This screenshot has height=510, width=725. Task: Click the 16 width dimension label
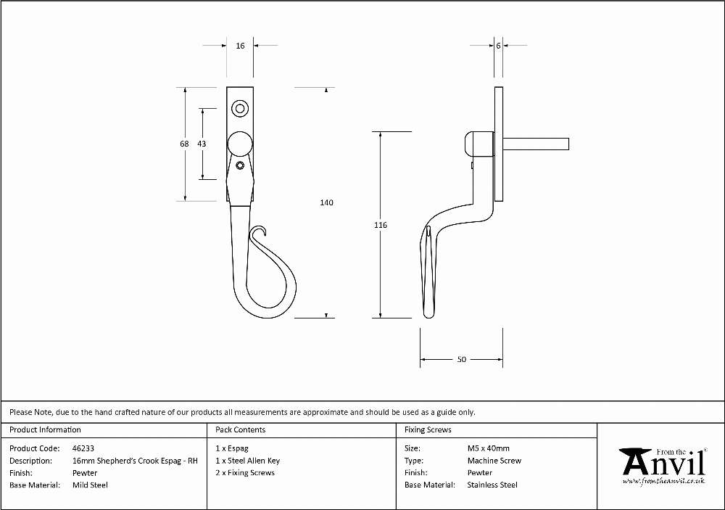point(240,46)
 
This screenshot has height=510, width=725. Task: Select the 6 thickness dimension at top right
point(498,46)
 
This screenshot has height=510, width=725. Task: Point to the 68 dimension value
point(184,144)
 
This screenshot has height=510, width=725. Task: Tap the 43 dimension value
point(202,144)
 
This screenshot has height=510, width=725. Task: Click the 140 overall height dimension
point(326,202)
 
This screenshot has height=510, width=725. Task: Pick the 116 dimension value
point(381,225)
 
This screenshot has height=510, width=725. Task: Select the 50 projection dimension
point(461,359)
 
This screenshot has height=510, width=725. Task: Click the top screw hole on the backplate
point(240,110)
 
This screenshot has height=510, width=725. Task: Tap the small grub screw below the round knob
point(240,165)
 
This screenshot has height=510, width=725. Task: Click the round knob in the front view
point(240,144)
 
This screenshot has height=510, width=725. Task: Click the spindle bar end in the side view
point(567,144)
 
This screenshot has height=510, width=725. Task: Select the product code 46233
point(83,448)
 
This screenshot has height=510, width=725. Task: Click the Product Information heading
point(45,429)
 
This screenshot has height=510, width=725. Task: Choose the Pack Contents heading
point(241,429)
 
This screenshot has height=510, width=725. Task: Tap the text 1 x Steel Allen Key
point(248,461)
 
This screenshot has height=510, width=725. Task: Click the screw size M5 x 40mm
point(488,448)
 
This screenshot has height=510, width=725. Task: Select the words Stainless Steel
point(492,485)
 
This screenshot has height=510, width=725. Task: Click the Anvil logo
point(664,466)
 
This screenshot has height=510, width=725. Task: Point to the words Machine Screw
point(494,461)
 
